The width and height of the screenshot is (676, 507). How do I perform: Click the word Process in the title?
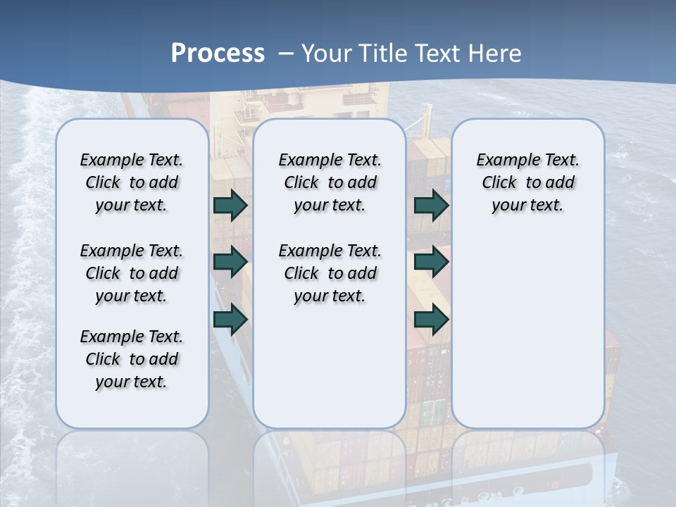(218, 53)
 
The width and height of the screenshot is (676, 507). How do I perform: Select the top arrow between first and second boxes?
(230, 206)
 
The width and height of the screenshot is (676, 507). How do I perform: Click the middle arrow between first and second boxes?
(230, 263)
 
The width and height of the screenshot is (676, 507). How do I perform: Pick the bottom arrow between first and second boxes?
(230, 319)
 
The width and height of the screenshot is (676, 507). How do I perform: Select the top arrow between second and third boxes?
(431, 206)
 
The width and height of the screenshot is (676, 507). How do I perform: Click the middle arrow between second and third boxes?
(431, 263)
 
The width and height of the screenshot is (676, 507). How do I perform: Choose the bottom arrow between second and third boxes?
(431, 319)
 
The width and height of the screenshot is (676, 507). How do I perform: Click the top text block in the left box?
(132, 182)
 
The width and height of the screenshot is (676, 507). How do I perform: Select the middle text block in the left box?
(132, 273)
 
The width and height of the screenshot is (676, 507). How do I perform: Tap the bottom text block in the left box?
(132, 359)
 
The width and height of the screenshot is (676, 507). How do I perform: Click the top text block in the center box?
(330, 182)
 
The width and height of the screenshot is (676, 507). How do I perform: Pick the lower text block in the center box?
(330, 273)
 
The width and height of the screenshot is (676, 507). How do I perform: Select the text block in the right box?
(528, 182)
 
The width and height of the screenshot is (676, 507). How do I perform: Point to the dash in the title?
(286, 54)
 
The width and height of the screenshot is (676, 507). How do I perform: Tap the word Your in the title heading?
(326, 54)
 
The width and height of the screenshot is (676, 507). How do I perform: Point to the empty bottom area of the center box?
(330, 373)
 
